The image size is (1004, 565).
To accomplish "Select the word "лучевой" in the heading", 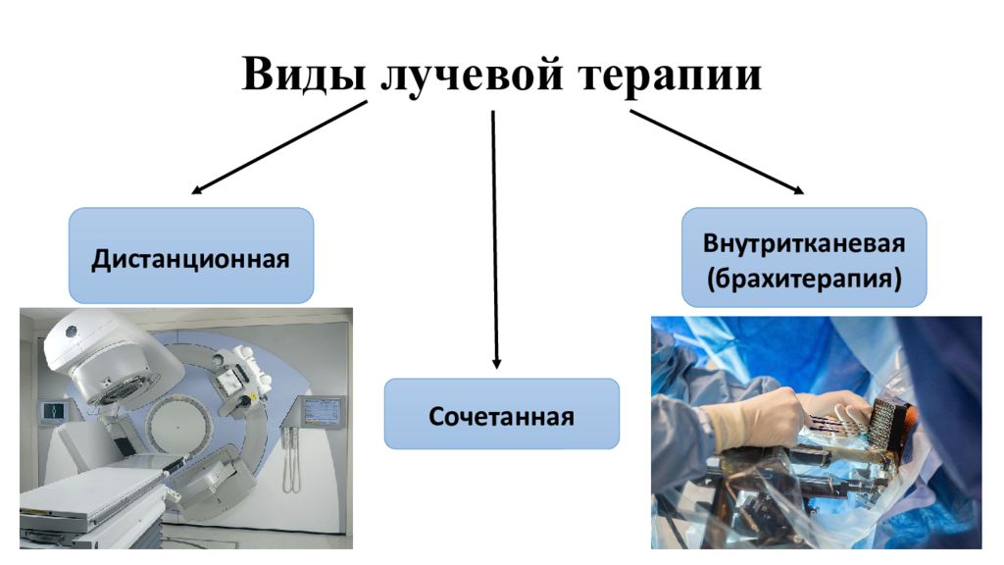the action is click(472, 77).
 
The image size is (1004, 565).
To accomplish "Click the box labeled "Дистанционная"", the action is click(191, 255).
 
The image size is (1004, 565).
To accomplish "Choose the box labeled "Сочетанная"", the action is click(501, 414).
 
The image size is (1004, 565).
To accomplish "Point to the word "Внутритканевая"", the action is click(804, 243).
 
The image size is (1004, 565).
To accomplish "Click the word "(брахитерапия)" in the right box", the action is click(804, 279).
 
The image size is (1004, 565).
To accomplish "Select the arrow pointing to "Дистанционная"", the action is click(279, 147).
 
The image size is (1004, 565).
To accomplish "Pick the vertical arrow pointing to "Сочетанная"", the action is click(494, 239).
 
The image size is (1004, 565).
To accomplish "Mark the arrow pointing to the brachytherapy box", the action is click(717, 152).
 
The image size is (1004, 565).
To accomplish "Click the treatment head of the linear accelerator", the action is click(109, 360).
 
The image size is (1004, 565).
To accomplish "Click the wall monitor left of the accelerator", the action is click(54, 411).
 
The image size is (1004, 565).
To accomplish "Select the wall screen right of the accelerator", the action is click(322, 411).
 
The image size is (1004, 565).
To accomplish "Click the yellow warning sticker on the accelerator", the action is click(252, 398).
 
